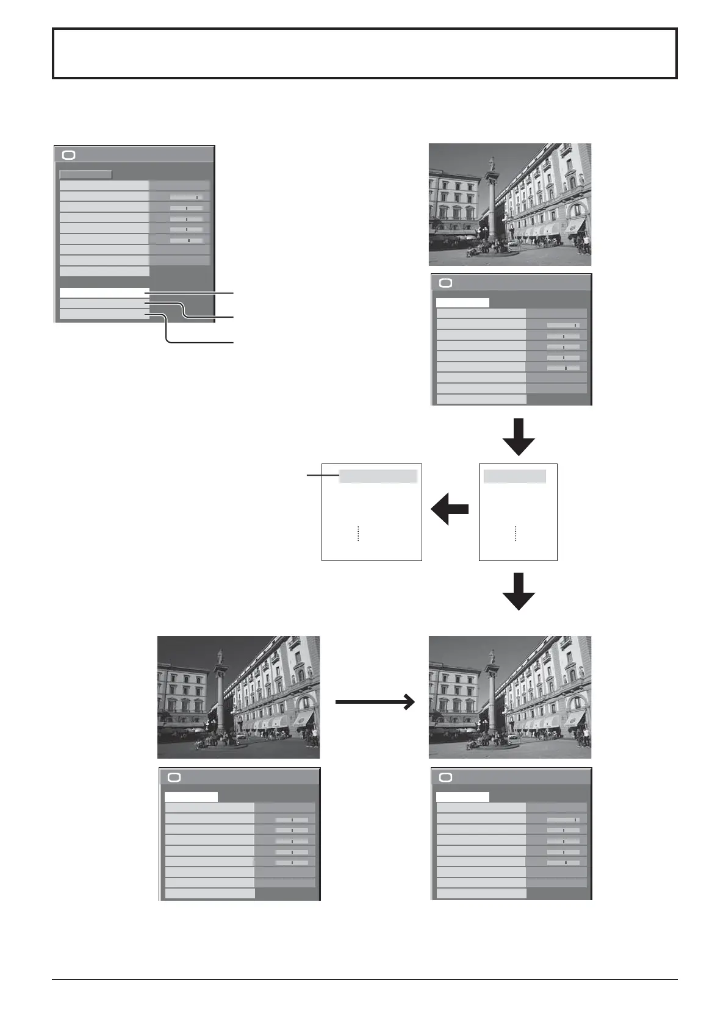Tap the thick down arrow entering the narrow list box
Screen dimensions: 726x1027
point(519,437)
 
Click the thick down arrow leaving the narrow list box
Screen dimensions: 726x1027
point(519,590)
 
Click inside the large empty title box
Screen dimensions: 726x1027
point(365,54)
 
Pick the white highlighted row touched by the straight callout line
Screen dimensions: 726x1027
point(104,293)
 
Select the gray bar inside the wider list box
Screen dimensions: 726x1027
point(378,476)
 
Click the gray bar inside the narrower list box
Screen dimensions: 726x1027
point(515,476)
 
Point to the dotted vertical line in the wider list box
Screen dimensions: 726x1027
point(358,533)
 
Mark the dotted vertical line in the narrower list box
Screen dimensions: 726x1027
point(516,533)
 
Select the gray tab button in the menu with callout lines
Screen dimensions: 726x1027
point(85,174)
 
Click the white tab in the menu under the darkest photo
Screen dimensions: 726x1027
point(191,796)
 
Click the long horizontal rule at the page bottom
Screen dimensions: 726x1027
point(365,980)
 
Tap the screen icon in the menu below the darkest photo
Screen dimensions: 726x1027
point(174,777)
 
